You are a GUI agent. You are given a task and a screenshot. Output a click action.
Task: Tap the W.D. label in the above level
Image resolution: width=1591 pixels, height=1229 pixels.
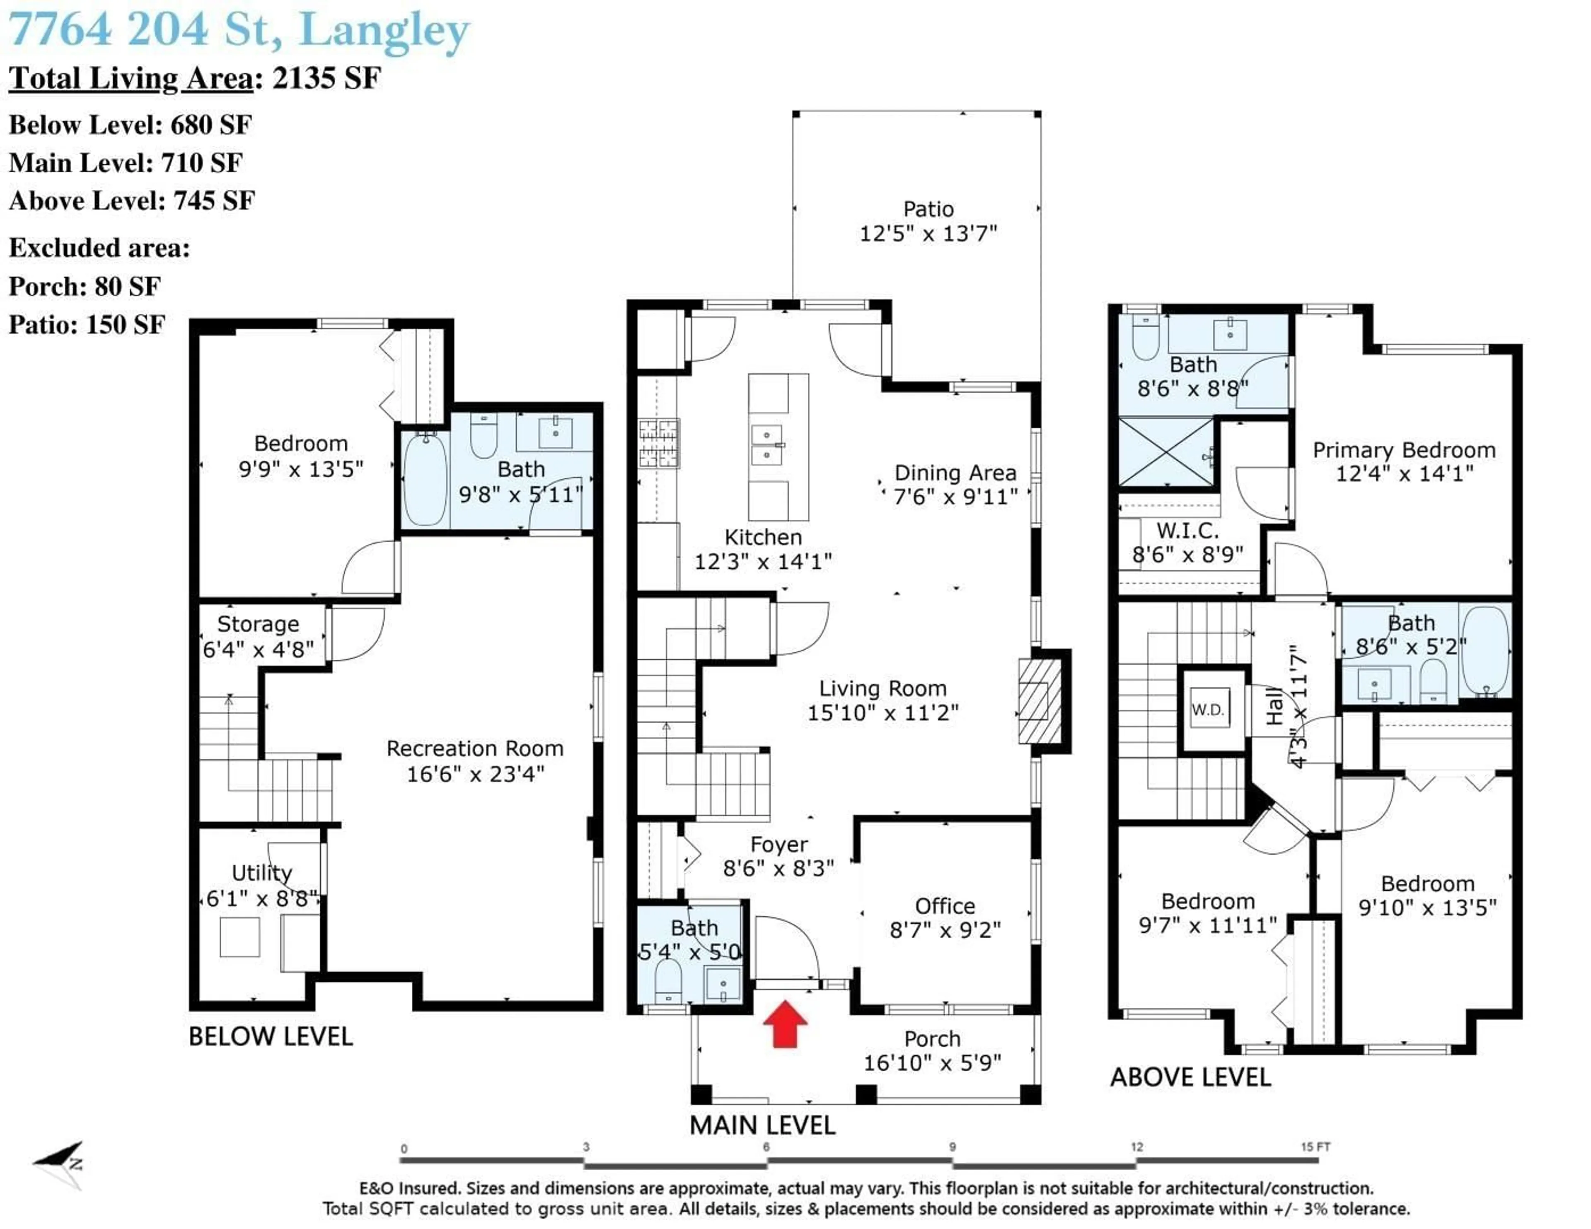(x=1207, y=710)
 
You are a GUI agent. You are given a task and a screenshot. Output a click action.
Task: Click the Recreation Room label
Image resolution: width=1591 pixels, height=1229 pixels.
(x=475, y=749)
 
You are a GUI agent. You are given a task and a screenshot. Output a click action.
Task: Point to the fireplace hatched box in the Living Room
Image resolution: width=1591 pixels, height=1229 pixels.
(x=1040, y=701)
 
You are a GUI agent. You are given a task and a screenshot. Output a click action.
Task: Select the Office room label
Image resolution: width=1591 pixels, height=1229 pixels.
(x=945, y=906)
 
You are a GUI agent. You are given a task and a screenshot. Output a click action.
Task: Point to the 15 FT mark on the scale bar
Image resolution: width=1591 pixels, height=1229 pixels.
(x=1315, y=1147)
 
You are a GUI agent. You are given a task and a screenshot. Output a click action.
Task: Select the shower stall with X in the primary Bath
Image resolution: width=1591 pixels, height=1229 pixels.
(x=1165, y=452)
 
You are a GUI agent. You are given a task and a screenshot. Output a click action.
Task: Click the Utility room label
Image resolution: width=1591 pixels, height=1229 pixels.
(x=261, y=873)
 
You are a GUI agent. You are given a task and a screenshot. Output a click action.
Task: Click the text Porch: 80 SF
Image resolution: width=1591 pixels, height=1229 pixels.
(x=85, y=286)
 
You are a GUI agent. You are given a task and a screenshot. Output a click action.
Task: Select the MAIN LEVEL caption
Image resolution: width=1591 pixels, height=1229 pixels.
(x=762, y=1125)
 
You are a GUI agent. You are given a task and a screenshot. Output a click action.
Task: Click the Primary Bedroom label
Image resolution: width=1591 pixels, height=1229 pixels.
(x=1404, y=450)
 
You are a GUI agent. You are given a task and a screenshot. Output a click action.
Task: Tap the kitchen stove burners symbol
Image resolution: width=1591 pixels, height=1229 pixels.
(x=659, y=443)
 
